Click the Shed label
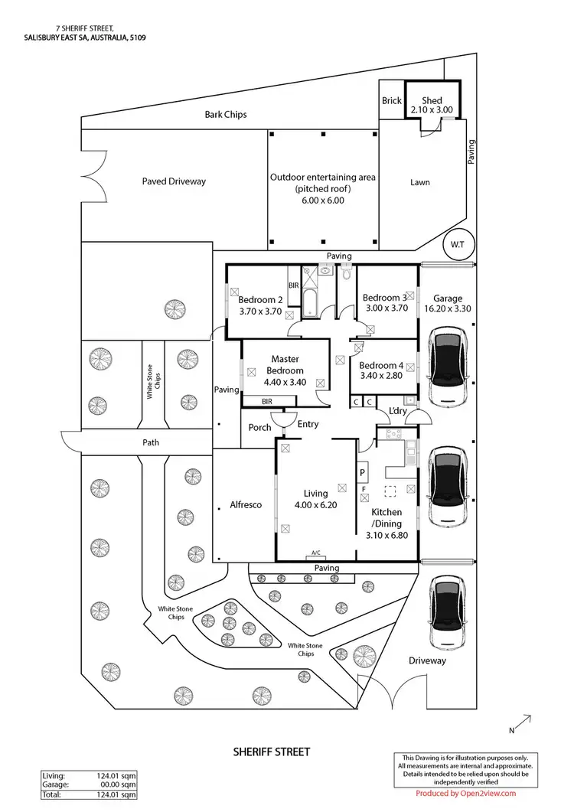pyautogui.click(x=432, y=100)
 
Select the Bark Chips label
pyautogui.click(x=226, y=115)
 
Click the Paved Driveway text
pyautogui.click(x=174, y=181)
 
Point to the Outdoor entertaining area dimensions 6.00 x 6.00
pyautogui.click(x=322, y=201)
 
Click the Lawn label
pyautogui.click(x=419, y=182)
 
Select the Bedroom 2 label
pyautogui.click(x=261, y=299)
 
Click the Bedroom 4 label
pyautogui.click(x=381, y=365)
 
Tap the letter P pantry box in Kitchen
pyautogui.click(x=363, y=473)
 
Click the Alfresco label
pyautogui.click(x=246, y=504)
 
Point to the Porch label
pyautogui.click(x=260, y=427)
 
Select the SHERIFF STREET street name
pyautogui.click(x=272, y=752)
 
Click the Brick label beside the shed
pyautogui.click(x=391, y=101)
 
